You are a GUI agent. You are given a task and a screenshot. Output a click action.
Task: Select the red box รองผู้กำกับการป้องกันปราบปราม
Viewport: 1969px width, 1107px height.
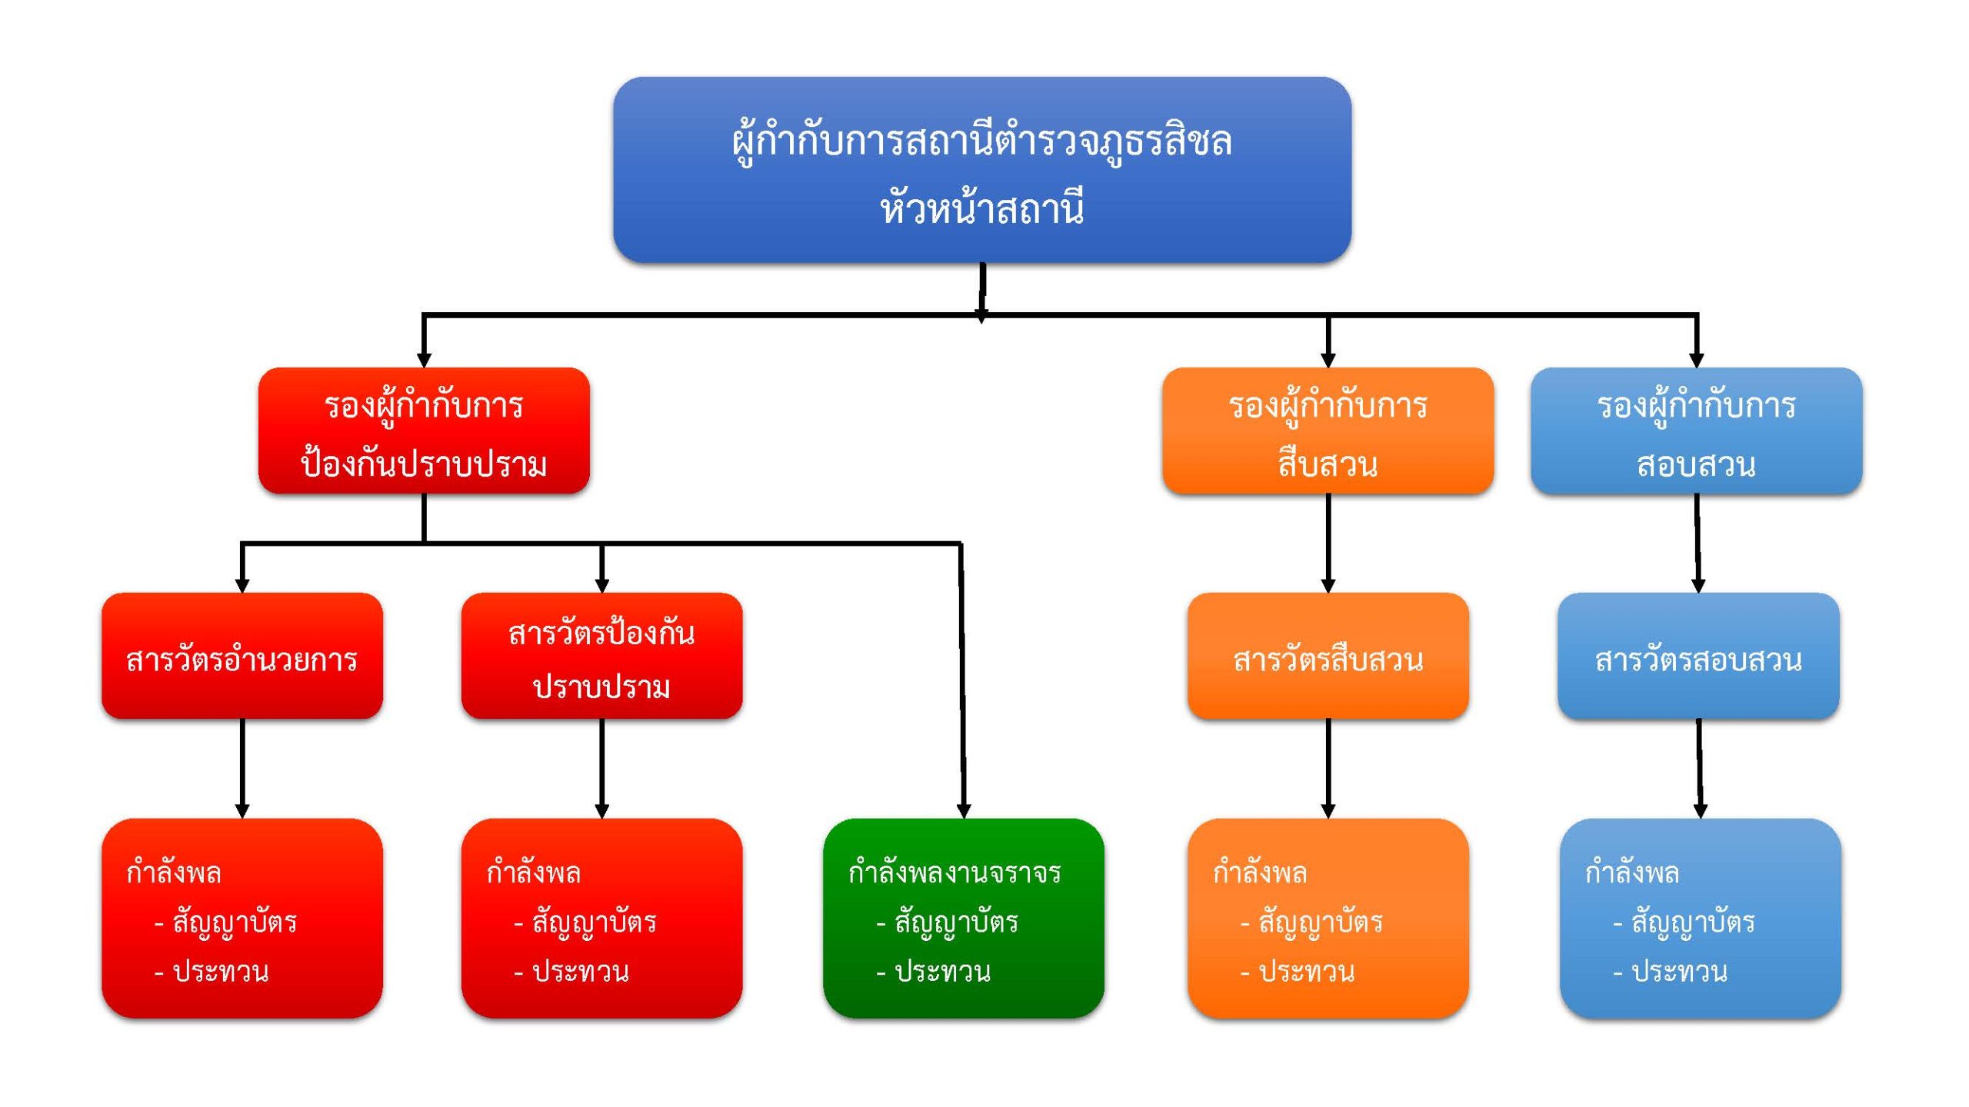click(x=424, y=430)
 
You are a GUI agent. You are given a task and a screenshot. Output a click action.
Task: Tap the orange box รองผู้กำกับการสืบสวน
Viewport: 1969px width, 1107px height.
click(x=1328, y=430)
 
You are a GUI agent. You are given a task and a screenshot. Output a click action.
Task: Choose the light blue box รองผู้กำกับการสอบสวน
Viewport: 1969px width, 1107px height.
click(x=1696, y=430)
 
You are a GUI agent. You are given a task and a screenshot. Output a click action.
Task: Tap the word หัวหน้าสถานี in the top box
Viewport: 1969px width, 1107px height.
click(x=982, y=208)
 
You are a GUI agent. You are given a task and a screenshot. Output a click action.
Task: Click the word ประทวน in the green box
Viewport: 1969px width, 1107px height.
click(x=943, y=972)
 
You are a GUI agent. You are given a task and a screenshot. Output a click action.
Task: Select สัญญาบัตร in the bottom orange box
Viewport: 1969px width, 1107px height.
click(x=1320, y=922)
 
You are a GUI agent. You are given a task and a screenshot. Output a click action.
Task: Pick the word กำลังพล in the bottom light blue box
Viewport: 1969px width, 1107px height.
click(x=1631, y=873)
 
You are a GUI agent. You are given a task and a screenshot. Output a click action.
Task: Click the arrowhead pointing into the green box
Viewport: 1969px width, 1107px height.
click(x=963, y=811)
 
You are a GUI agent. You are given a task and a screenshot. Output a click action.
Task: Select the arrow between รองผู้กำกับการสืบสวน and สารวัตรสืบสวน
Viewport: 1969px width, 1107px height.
click(x=1328, y=542)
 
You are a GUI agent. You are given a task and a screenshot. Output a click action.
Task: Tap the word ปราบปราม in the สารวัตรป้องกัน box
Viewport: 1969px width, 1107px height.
click(x=601, y=686)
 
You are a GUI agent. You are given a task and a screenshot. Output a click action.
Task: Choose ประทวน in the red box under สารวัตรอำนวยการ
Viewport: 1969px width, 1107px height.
click(x=221, y=972)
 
